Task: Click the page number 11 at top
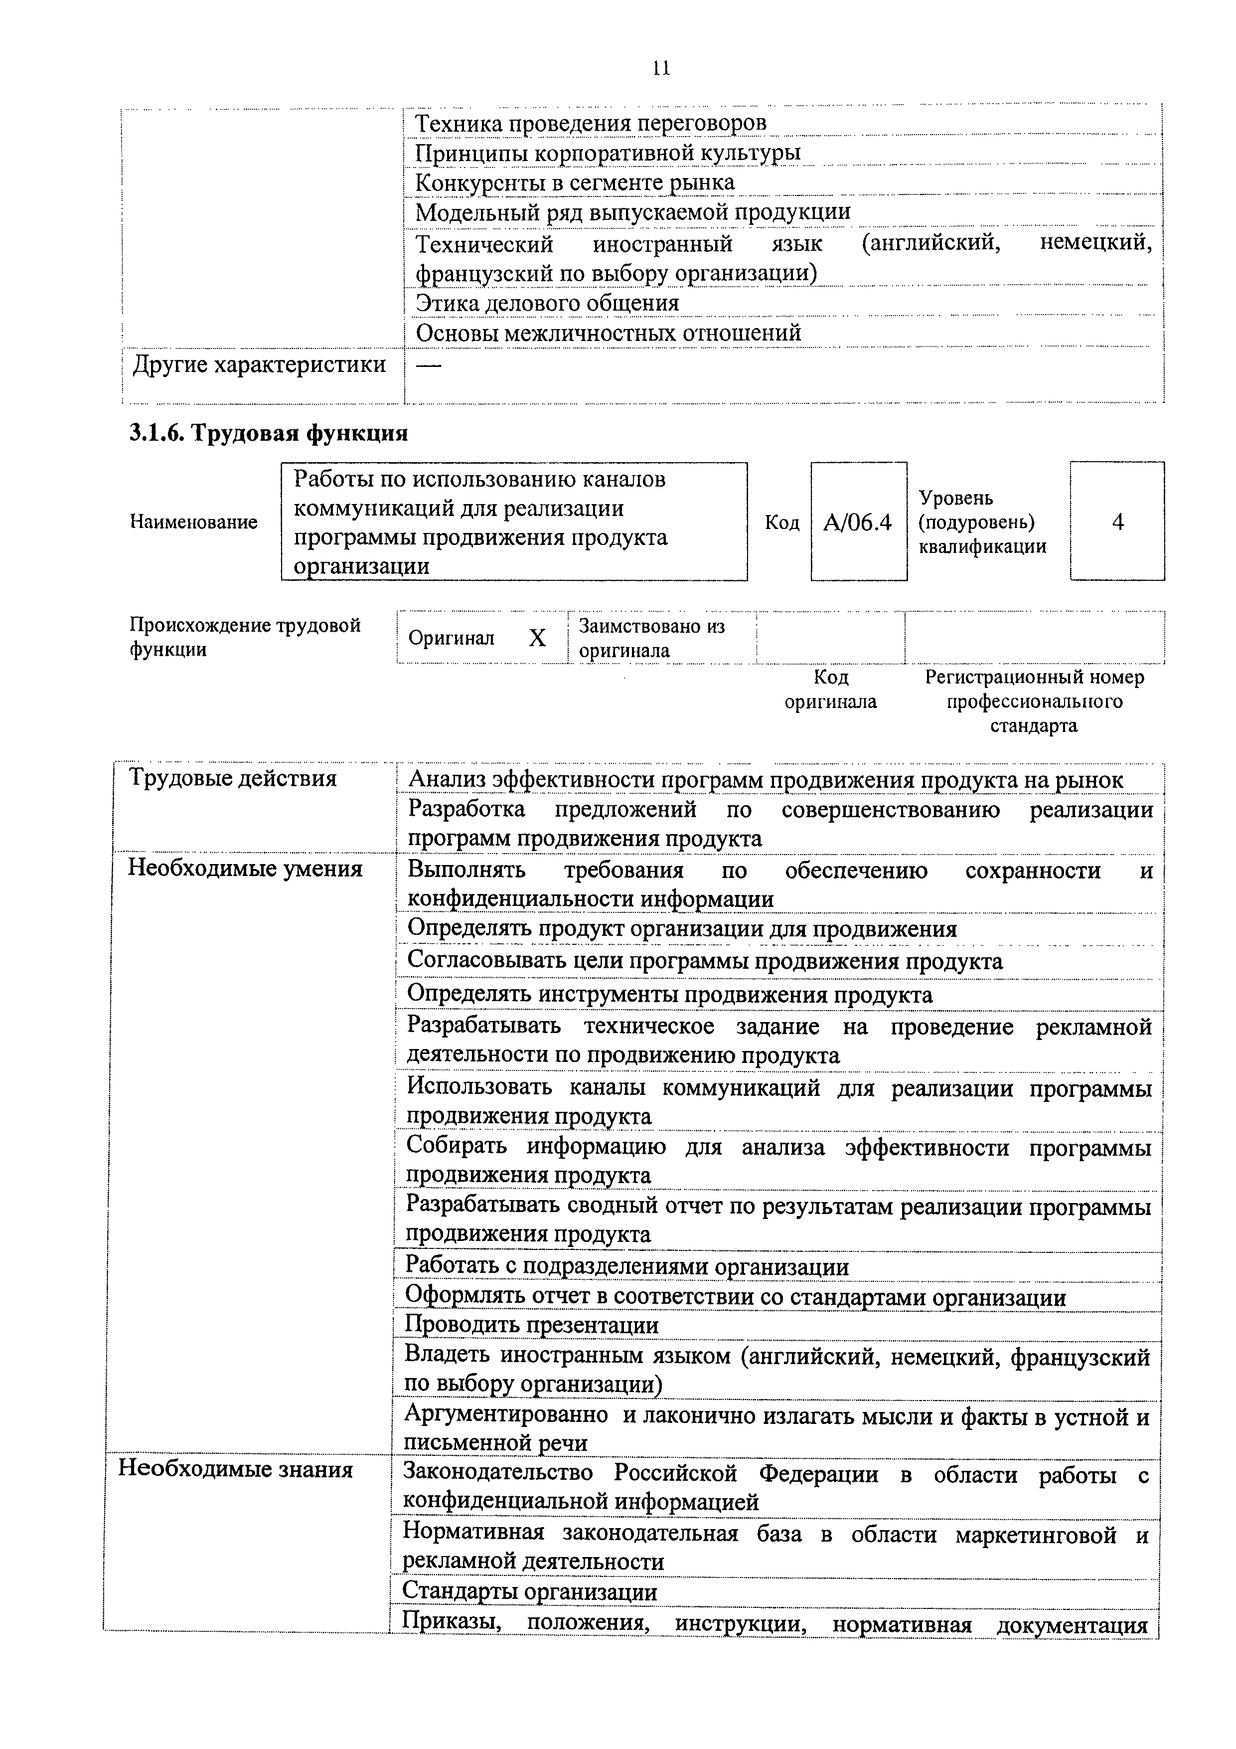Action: [661, 69]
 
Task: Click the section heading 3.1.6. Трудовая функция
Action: [269, 433]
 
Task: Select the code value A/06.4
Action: [858, 523]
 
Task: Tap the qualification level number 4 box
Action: [1117, 522]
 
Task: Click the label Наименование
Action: [193, 522]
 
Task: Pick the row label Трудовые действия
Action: [232, 778]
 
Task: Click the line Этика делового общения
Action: [546, 303]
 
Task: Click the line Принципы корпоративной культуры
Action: [607, 153]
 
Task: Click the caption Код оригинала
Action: [830, 690]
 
